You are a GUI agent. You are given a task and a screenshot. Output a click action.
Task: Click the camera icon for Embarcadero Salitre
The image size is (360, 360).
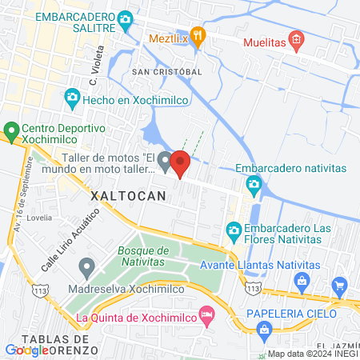125,19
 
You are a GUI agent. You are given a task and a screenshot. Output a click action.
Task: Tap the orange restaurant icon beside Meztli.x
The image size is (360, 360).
199,36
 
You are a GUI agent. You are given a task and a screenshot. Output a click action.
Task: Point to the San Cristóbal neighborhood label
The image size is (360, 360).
166,71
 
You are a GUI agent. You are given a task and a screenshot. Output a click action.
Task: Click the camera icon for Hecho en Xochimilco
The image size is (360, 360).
72,98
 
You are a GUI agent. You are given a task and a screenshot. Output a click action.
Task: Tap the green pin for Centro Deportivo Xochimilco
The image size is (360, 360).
11,130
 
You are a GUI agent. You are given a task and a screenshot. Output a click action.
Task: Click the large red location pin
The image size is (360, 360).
180,163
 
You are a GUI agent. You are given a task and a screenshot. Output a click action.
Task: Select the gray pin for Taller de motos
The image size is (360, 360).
165,162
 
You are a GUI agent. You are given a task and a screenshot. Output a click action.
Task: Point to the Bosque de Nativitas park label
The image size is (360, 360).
142,256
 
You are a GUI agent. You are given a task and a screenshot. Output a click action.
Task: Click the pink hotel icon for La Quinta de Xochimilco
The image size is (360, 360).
207,315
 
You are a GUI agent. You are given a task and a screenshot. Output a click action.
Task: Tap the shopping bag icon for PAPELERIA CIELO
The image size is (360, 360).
263,328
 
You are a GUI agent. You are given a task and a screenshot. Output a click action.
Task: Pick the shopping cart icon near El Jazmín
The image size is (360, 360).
340,285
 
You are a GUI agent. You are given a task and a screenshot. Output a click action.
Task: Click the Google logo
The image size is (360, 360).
26,350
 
